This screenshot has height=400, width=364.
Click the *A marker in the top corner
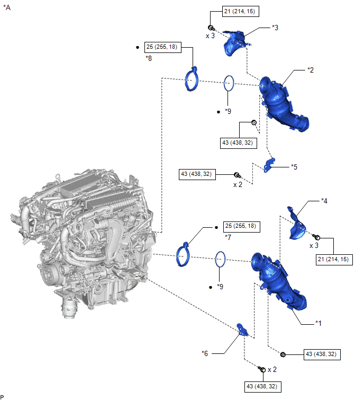pyautogui.click(x=7, y=7)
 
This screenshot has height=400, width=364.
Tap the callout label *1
pyautogui.click(x=318, y=323)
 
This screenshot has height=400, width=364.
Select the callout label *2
pyautogui.click(x=311, y=70)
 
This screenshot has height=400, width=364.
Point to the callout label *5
pyautogui.click(x=294, y=167)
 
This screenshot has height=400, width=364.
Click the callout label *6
pyautogui.click(x=205, y=353)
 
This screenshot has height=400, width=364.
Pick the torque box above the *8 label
pyautogui.click(x=163, y=47)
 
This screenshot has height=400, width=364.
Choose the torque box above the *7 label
pyautogui.click(x=242, y=227)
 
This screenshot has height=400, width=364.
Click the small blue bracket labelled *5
pyautogui.click(x=269, y=165)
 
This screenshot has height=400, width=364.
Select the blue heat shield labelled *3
pyautogui.click(x=235, y=43)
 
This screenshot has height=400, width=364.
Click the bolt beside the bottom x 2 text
pyautogui.click(x=262, y=369)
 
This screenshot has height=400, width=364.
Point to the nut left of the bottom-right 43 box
pyautogui.click(x=283, y=354)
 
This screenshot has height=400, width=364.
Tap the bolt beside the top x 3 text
pyautogui.click(x=211, y=28)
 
